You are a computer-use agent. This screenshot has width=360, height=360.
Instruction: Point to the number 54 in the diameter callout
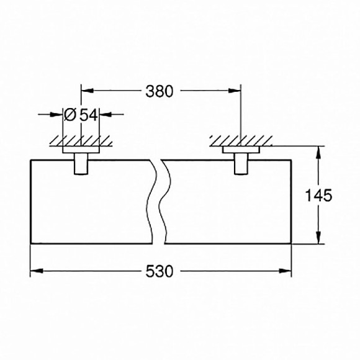coord(88,114)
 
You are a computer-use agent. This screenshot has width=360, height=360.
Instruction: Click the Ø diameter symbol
coord(70,114)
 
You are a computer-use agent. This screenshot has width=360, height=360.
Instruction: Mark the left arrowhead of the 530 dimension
coord(35,271)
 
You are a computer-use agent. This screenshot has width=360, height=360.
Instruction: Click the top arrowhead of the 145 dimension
coord(319,151)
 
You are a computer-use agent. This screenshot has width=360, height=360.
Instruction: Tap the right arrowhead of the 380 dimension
coord(236,91)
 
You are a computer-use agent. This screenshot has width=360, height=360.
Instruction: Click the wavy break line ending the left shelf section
coord(152,202)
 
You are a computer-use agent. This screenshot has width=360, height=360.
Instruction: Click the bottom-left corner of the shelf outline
coord(30,245)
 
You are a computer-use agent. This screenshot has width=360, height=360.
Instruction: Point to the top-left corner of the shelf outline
coord(30,159)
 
